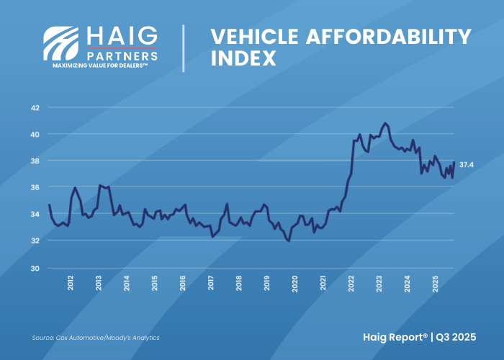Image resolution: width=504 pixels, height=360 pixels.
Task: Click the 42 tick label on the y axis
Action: [34, 108]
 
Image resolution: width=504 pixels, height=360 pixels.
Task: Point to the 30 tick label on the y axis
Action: [34, 267]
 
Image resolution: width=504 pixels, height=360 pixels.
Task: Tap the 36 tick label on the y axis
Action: [34, 187]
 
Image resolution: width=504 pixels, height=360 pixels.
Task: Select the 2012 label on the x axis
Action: [71, 283]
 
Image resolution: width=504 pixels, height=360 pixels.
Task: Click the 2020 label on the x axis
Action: [295, 283]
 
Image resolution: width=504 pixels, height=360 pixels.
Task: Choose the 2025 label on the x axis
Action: [436, 283]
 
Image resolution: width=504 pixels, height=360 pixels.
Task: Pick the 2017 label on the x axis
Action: [211, 283]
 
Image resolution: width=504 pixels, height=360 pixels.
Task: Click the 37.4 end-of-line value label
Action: [467, 165]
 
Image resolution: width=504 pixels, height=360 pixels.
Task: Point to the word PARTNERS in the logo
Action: [122, 55]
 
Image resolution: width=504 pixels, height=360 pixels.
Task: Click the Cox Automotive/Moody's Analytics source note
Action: [96, 338]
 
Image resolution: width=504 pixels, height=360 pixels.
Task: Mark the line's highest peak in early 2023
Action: [385, 123]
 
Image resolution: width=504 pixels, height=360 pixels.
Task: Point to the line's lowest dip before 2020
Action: [288, 241]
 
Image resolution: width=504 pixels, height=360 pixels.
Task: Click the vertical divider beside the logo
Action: [184, 48]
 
